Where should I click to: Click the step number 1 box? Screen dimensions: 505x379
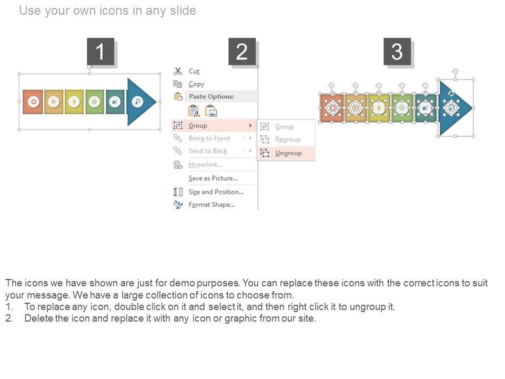100,52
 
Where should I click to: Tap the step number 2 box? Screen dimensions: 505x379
242,52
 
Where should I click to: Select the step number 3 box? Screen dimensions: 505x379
397,52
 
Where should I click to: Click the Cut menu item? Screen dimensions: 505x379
194,71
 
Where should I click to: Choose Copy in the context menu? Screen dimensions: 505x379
196,84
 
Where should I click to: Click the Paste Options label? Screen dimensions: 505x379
211,96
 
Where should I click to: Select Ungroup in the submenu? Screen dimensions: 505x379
288,153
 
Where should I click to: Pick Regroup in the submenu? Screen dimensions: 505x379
288,139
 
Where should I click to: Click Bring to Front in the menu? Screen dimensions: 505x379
209,138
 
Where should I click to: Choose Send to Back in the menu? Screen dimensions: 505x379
208,151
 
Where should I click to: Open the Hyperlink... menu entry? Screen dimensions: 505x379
206,165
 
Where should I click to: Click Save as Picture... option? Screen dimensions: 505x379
213,178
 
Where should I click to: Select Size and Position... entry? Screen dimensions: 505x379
216,192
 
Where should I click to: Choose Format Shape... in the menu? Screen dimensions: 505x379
211,205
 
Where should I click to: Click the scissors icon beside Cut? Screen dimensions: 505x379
178,71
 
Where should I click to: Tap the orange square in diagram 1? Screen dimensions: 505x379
33,102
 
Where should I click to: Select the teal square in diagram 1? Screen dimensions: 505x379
115,102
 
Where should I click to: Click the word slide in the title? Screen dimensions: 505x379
183,11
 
